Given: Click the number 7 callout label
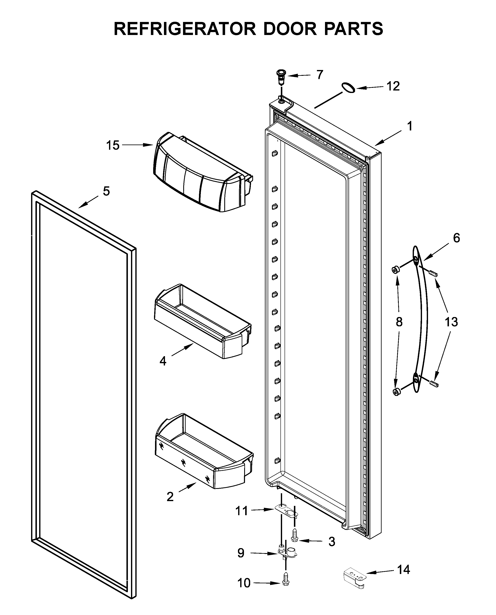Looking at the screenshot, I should click(x=320, y=75).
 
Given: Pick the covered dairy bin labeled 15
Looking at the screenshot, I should click(x=200, y=174).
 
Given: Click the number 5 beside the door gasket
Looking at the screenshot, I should click(x=106, y=191).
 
